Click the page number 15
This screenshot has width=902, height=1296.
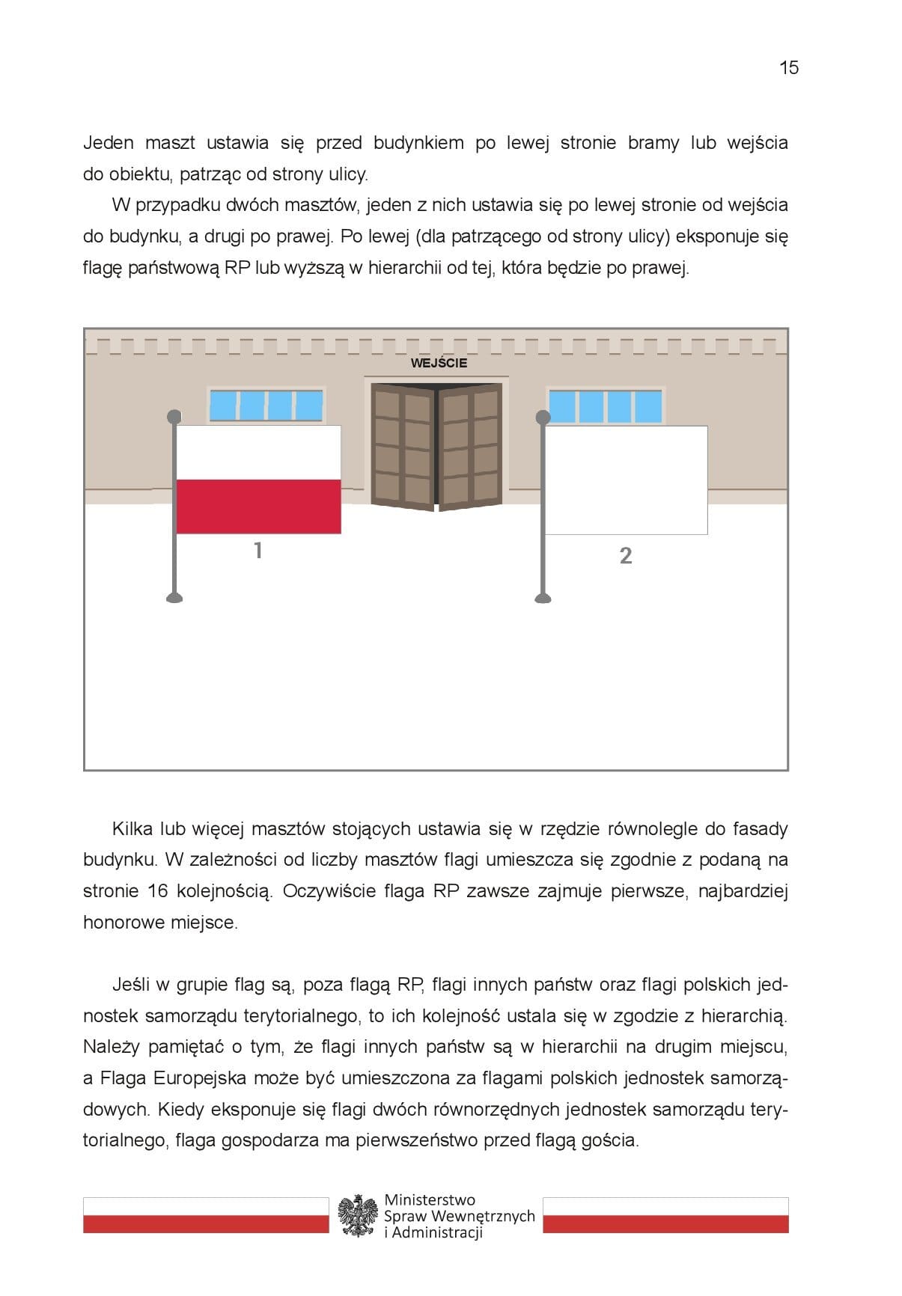pos(789,68)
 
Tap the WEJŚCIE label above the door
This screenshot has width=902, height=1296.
pos(439,363)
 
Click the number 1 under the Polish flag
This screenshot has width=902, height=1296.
pos(258,551)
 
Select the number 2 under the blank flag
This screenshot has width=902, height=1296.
pos(626,556)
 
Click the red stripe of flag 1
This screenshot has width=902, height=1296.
pos(258,507)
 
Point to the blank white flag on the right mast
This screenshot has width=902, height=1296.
pos(626,480)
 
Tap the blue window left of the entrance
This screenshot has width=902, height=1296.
pos(266,405)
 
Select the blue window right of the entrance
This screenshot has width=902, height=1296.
pos(606,406)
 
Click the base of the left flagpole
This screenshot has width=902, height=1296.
pos(174,597)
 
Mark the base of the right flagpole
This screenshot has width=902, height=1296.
pos(543,597)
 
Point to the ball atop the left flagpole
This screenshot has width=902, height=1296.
pos(174,415)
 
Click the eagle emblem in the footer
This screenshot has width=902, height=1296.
pos(357,1216)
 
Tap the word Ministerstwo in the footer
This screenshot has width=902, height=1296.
pos(430,1200)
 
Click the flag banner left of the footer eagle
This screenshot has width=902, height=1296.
pos(206,1215)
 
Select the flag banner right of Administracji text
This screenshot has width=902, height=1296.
pos(665,1215)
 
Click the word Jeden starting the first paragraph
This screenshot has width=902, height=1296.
pos(109,143)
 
